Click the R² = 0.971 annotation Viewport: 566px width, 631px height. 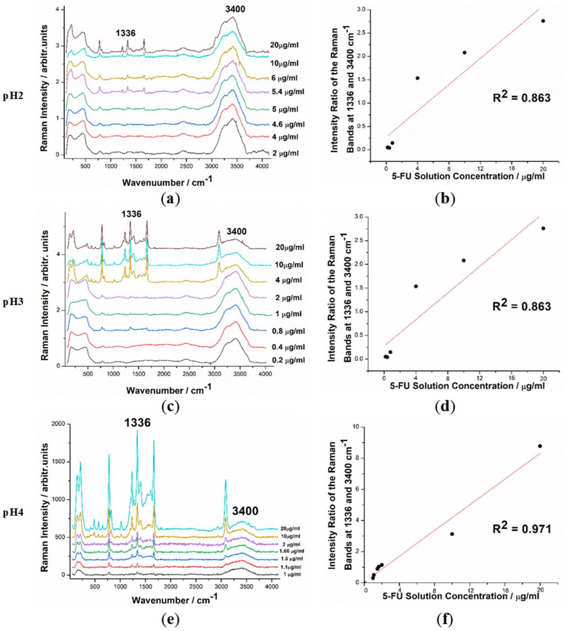(522, 528)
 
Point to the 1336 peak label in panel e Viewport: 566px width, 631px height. (138, 422)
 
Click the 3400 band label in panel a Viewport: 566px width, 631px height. (235, 9)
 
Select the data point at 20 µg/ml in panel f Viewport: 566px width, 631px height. (540, 446)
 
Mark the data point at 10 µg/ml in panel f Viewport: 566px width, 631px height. (452, 534)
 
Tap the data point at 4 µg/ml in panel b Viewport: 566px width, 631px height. (417, 78)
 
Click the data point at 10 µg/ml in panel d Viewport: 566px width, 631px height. (464, 260)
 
